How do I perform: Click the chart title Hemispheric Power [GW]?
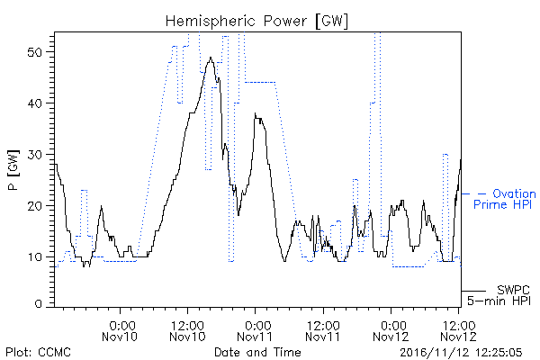click(x=256, y=22)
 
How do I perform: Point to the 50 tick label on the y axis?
click(x=34, y=52)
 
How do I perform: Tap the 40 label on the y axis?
click(x=34, y=103)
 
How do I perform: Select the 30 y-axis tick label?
click(x=34, y=155)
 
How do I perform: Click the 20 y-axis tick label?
click(x=34, y=206)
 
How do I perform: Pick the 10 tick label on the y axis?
click(x=35, y=257)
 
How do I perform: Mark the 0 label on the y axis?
click(x=39, y=304)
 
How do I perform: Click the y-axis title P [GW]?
click(x=13, y=170)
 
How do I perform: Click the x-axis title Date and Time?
click(x=257, y=352)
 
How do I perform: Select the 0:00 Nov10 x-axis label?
click(x=120, y=331)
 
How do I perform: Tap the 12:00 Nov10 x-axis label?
click(x=187, y=331)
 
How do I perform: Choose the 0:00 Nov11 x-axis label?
click(x=255, y=331)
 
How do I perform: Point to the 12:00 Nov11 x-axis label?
click(x=323, y=331)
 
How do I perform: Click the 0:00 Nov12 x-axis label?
click(x=391, y=331)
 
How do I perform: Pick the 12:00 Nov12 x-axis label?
click(x=458, y=331)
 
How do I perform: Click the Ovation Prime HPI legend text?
click(x=505, y=199)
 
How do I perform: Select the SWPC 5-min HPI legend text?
click(x=499, y=295)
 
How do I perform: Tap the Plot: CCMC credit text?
click(x=38, y=352)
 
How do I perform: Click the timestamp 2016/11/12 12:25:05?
click(x=461, y=353)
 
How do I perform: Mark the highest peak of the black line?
click(x=211, y=58)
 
